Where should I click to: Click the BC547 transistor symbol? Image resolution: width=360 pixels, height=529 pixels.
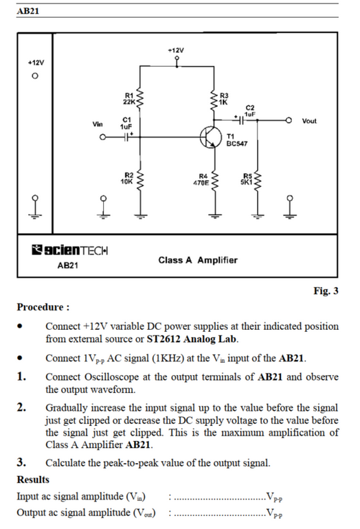(209, 137)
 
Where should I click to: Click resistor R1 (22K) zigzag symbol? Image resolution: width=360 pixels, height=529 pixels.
(140, 99)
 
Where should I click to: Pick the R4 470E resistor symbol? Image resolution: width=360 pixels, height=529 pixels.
(214, 181)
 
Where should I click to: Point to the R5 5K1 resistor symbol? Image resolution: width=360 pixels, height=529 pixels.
(258, 181)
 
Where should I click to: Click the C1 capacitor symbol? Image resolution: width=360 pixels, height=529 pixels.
(126, 137)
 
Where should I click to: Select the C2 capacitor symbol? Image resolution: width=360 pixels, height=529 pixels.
(240, 120)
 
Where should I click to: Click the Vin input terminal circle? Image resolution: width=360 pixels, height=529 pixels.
(103, 137)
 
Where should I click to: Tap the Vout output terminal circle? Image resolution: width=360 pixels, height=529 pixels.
(289, 120)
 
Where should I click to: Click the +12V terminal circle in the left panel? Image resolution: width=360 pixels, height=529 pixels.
(35, 76)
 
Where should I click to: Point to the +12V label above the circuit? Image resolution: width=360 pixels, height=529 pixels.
(176, 50)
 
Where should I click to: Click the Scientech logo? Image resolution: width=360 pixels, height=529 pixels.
(69, 250)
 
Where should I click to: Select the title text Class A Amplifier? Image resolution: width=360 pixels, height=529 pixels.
(198, 260)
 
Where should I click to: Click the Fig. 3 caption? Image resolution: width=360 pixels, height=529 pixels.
(326, 291)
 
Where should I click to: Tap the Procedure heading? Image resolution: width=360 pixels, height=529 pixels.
(43, 307)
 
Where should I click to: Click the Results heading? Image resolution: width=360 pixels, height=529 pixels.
(33, 480)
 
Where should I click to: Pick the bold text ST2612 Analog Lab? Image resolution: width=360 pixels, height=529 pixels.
(192, 339)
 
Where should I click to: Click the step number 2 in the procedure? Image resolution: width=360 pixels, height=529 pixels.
(21, 407)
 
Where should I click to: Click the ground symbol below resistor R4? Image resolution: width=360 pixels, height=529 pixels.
(214, 215)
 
